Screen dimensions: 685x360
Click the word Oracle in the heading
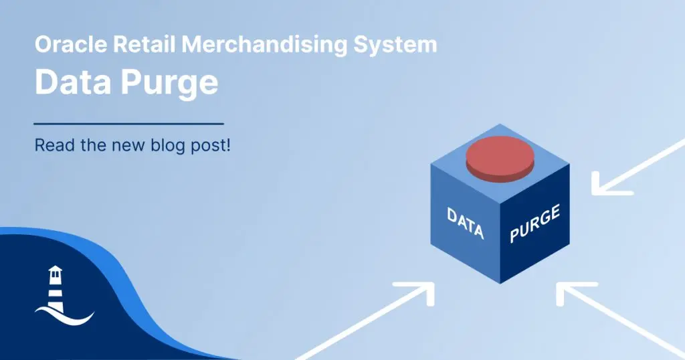click(x=71, y=45)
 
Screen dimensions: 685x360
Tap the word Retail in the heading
click(x=144, y=45)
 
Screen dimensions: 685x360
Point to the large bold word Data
click(x=73, y=82)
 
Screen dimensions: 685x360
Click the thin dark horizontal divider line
click(x=129, y=124)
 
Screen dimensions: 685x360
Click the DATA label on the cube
click(x=466, y=223)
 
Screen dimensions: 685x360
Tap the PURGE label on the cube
click(x=534, y=223)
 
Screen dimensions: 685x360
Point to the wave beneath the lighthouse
click(x=65, y=318)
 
